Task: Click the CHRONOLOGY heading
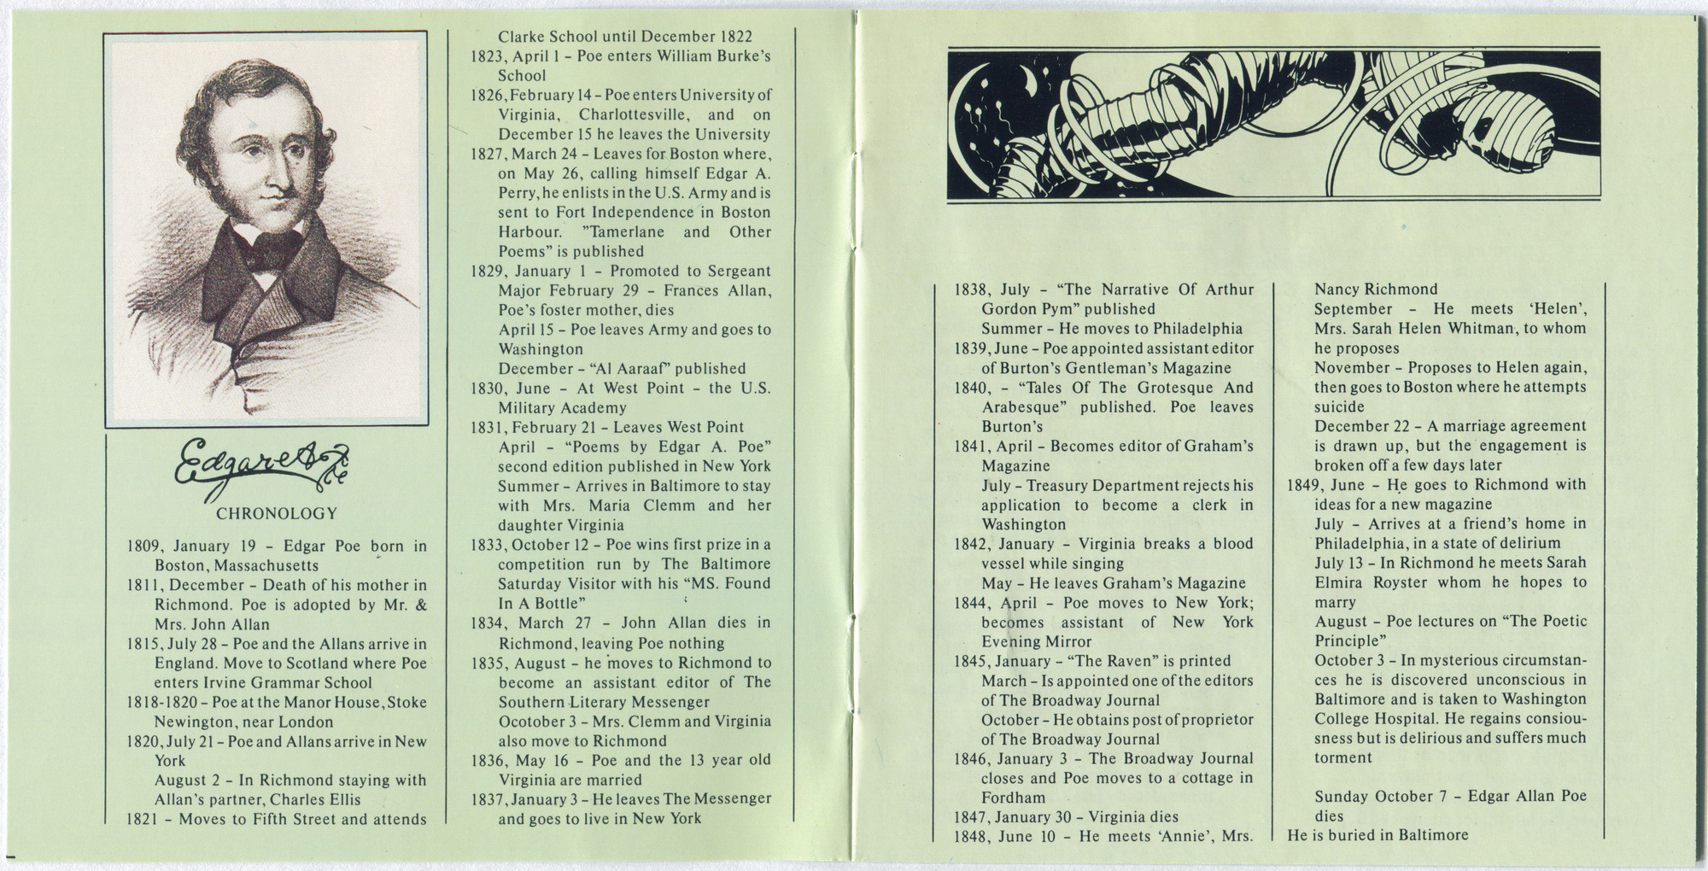[x=277, y=513]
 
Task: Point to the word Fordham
[x=1013, y=798]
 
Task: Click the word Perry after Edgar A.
[x=517, y=193]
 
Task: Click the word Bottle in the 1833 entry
[x=552, y=603]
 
